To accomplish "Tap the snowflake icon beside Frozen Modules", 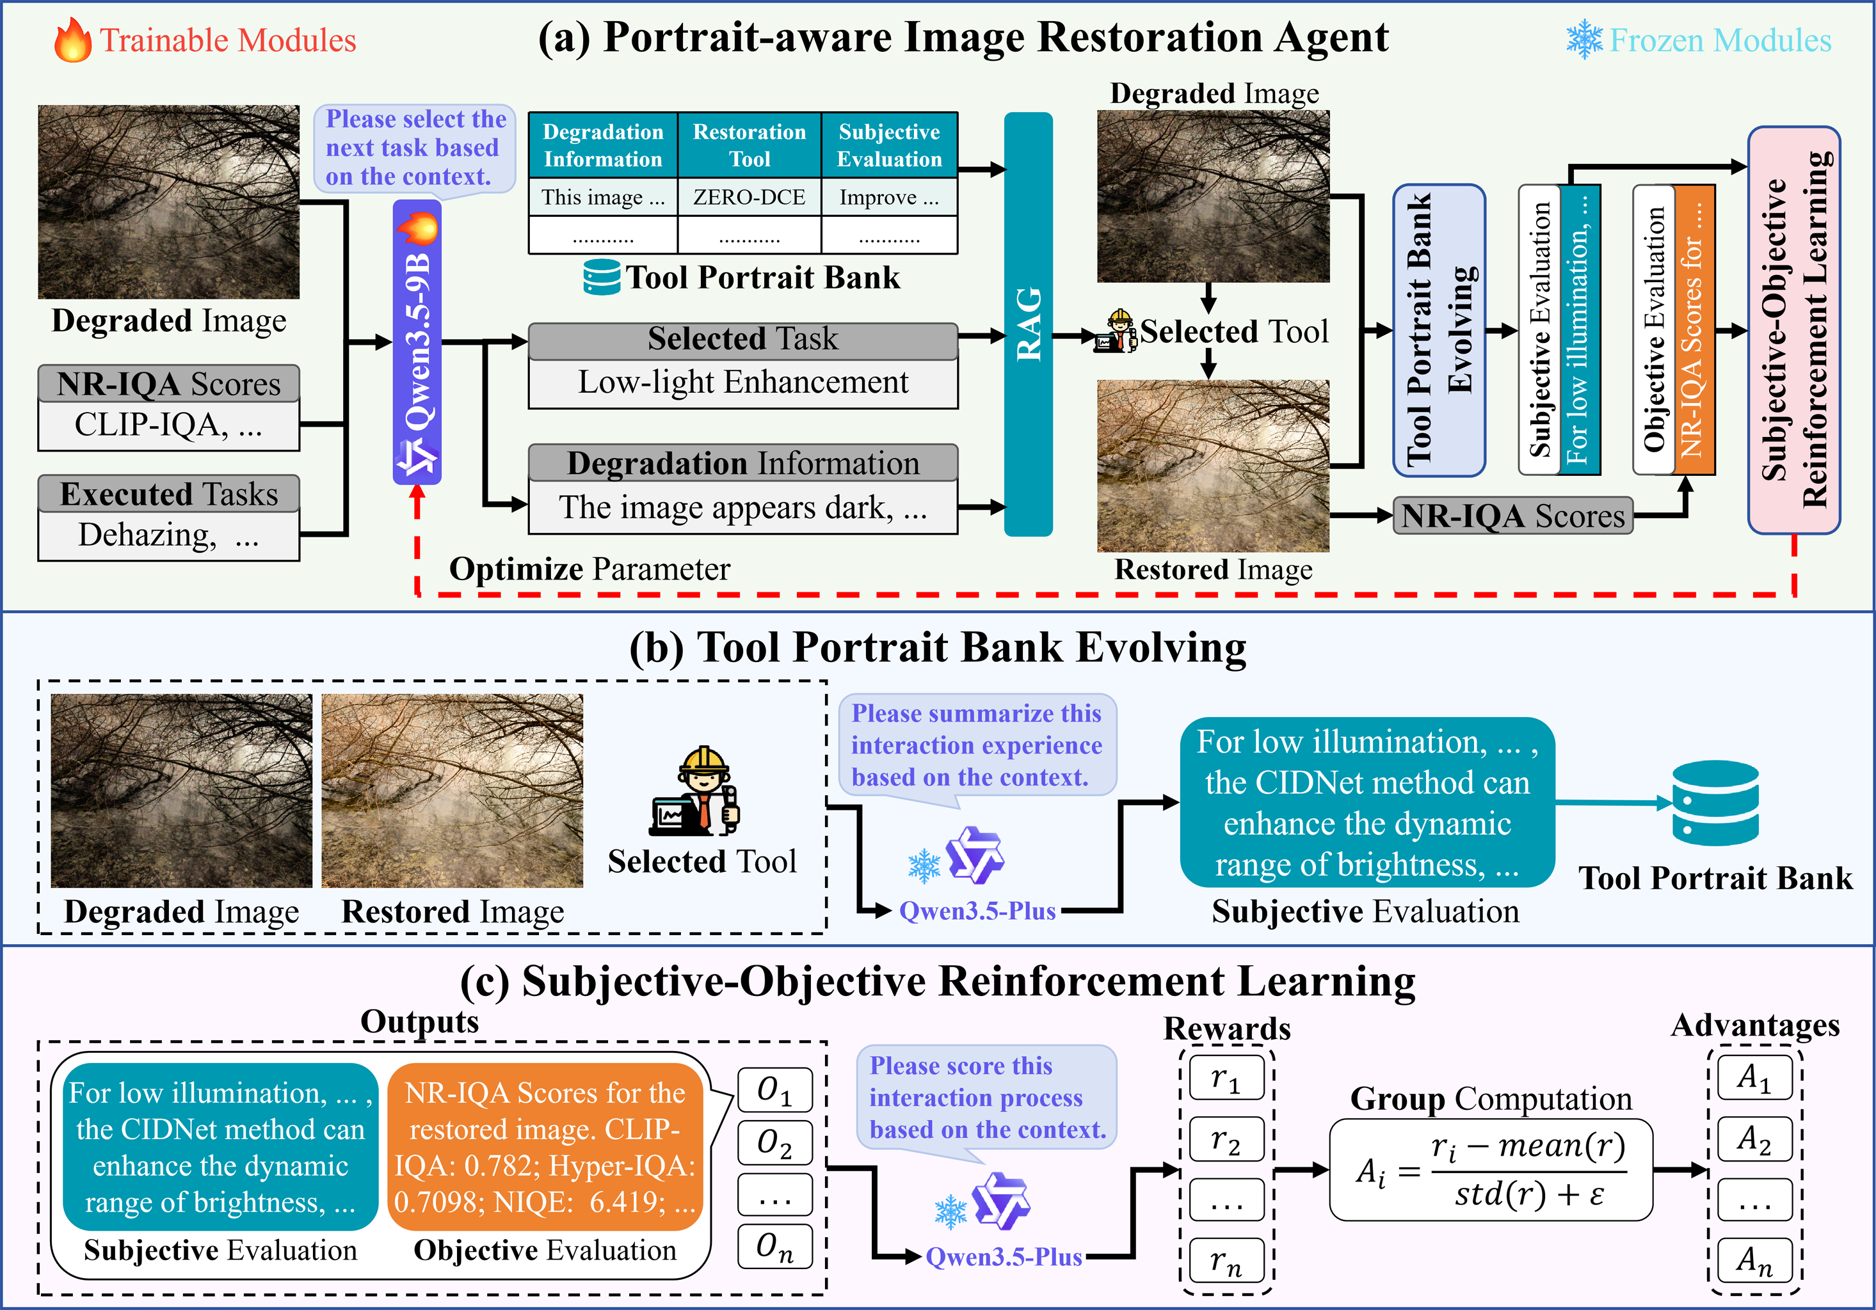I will tap(1583, 39).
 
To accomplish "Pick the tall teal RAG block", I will tap(1028, 324).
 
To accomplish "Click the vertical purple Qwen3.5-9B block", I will tap(417, 343).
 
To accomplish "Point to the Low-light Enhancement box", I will tap(742, 383).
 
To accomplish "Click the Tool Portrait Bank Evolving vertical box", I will tap(1439, 330).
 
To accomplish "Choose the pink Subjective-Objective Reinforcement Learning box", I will tap(1793, 330).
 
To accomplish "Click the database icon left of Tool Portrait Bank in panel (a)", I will tap(602, 278).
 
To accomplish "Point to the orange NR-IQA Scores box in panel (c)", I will tap(544, 1147).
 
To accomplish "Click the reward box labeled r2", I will tap(1226, 1139).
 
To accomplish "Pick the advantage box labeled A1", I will tap(1754, 1078).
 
